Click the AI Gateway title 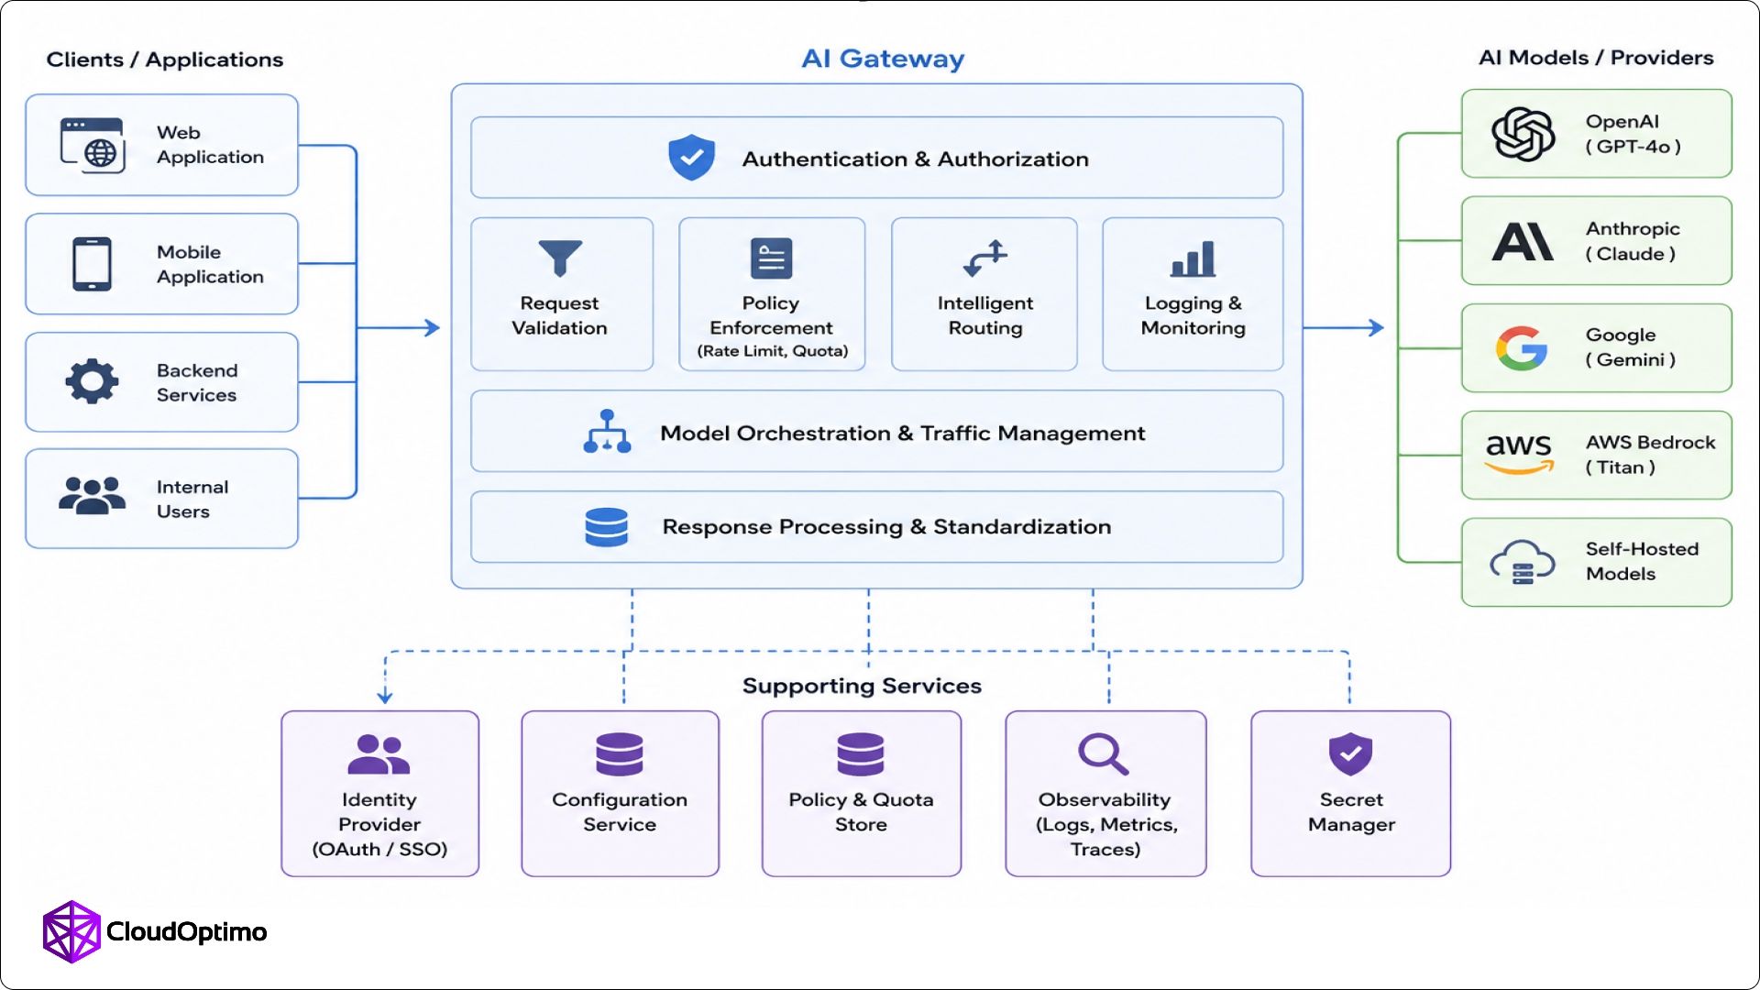coord(883,59)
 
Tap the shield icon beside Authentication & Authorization coord(691,158)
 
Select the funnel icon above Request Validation coord(560,258)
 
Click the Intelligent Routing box coord(984,294)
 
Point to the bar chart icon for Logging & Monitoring coord(1193,258)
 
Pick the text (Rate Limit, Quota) coord(773,351)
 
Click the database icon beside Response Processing coord(606,527)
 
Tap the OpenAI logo coord(1523,134)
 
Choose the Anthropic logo coord(1523,241)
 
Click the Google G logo coord(1522,348)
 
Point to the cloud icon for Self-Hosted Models coord(1523,562)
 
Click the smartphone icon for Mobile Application coord(92,264)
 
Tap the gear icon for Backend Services coord(92,381)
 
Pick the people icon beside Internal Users coord(92,496)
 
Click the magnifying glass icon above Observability coord(1104,754)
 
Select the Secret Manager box coord(1350,794)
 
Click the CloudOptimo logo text coord(187,932)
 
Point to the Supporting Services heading coord(862,686)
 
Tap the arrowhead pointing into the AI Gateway coord(433,327)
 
